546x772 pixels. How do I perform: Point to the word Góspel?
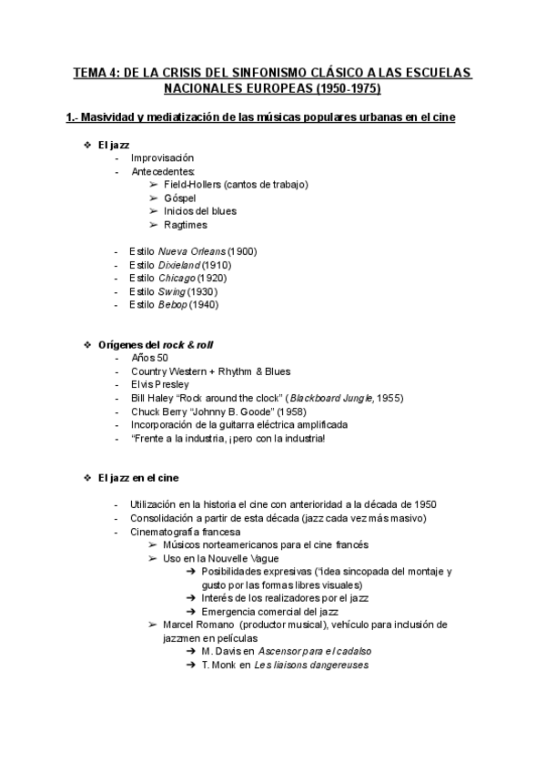181,198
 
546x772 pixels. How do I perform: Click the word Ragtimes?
186,225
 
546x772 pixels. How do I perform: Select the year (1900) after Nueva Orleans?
242,250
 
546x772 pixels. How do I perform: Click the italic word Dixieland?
180,264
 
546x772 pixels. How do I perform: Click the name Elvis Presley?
160,384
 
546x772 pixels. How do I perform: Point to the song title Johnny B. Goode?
227,411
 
